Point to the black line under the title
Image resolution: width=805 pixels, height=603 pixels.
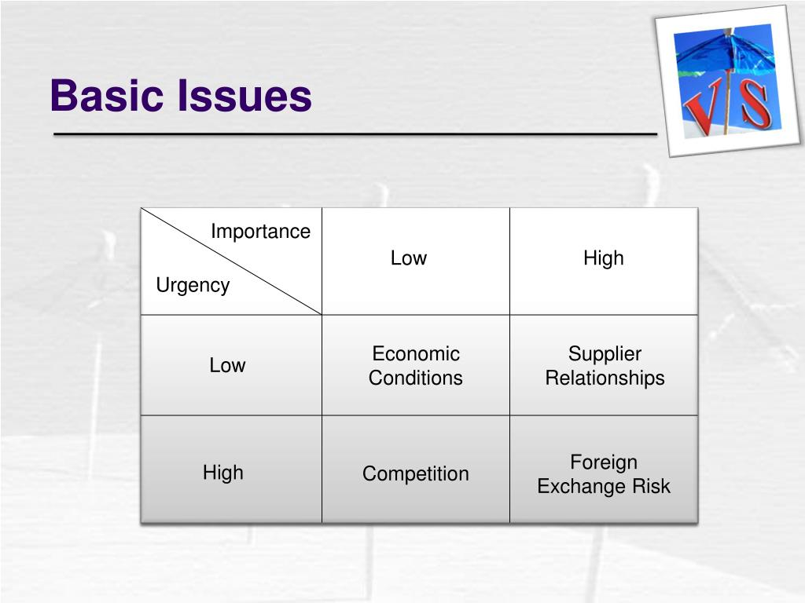click(x=354, y=135)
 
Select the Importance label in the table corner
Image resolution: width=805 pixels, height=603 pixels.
click(x=260, y=232)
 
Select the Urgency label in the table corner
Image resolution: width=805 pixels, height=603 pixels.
click(x=193, y=285)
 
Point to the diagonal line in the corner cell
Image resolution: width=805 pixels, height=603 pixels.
click(x=236, y=264)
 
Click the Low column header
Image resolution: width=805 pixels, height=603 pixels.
click(x=409, y=258)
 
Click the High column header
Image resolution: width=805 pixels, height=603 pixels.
click(x=603, y=258)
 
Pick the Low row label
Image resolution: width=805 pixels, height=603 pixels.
click(x=227, y=365)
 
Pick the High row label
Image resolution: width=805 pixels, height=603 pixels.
click(x=223, y=473)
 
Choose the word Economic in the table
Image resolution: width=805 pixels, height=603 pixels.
click(x=416, y=353)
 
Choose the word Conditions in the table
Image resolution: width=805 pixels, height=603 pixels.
click(x=416, y=378)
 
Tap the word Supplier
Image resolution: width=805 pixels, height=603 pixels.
click(x=605, y=353)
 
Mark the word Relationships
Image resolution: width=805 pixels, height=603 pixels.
click(x=605, y=378)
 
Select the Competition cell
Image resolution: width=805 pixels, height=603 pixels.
click(x=416, y=473)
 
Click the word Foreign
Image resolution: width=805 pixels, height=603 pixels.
click(x=604, y=462)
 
